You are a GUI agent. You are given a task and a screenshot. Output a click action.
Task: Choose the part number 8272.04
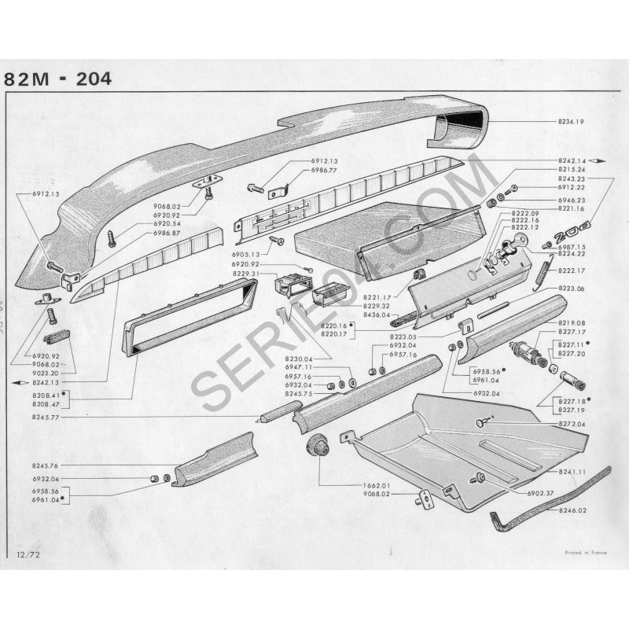(x=573, y=424)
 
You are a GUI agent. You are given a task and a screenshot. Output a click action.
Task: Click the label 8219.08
(x=573, y=323)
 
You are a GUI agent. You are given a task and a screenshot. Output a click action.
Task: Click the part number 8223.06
(x=573, y=289)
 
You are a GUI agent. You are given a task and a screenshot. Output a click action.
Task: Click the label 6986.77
(x=323, y=170)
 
